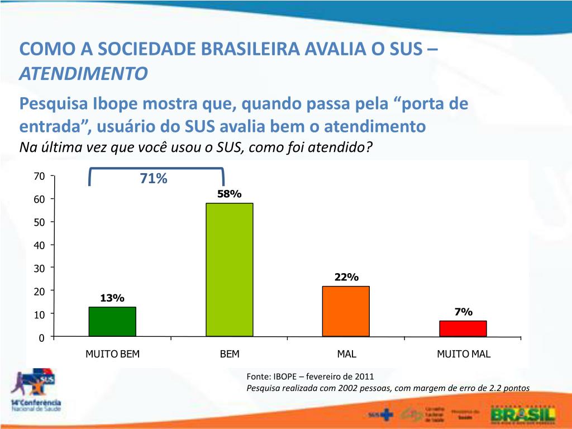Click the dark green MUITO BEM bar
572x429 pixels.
tap(112, 322)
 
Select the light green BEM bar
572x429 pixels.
tap(230, 269)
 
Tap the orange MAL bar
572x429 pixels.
tap(346, 311)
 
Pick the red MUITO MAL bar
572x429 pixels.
tap(463, 328)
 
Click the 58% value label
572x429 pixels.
tap(230, 194)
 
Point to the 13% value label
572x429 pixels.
tap(112, 298)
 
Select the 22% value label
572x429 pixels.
tap(346, 277)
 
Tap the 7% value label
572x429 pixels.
tap(464, 312)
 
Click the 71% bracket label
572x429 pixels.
tap(154, 179)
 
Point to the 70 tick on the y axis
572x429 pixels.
tap(39, 177)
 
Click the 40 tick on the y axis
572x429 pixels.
tap(39, 245)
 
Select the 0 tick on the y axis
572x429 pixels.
tap(41, 338)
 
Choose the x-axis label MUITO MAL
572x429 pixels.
tap(464, 354)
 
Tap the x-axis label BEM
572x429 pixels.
tap(230, 354)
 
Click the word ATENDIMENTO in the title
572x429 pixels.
tap(84, 73)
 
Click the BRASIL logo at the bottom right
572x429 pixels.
tap(522, 414)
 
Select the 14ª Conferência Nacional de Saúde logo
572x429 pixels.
tap(35, 391)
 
